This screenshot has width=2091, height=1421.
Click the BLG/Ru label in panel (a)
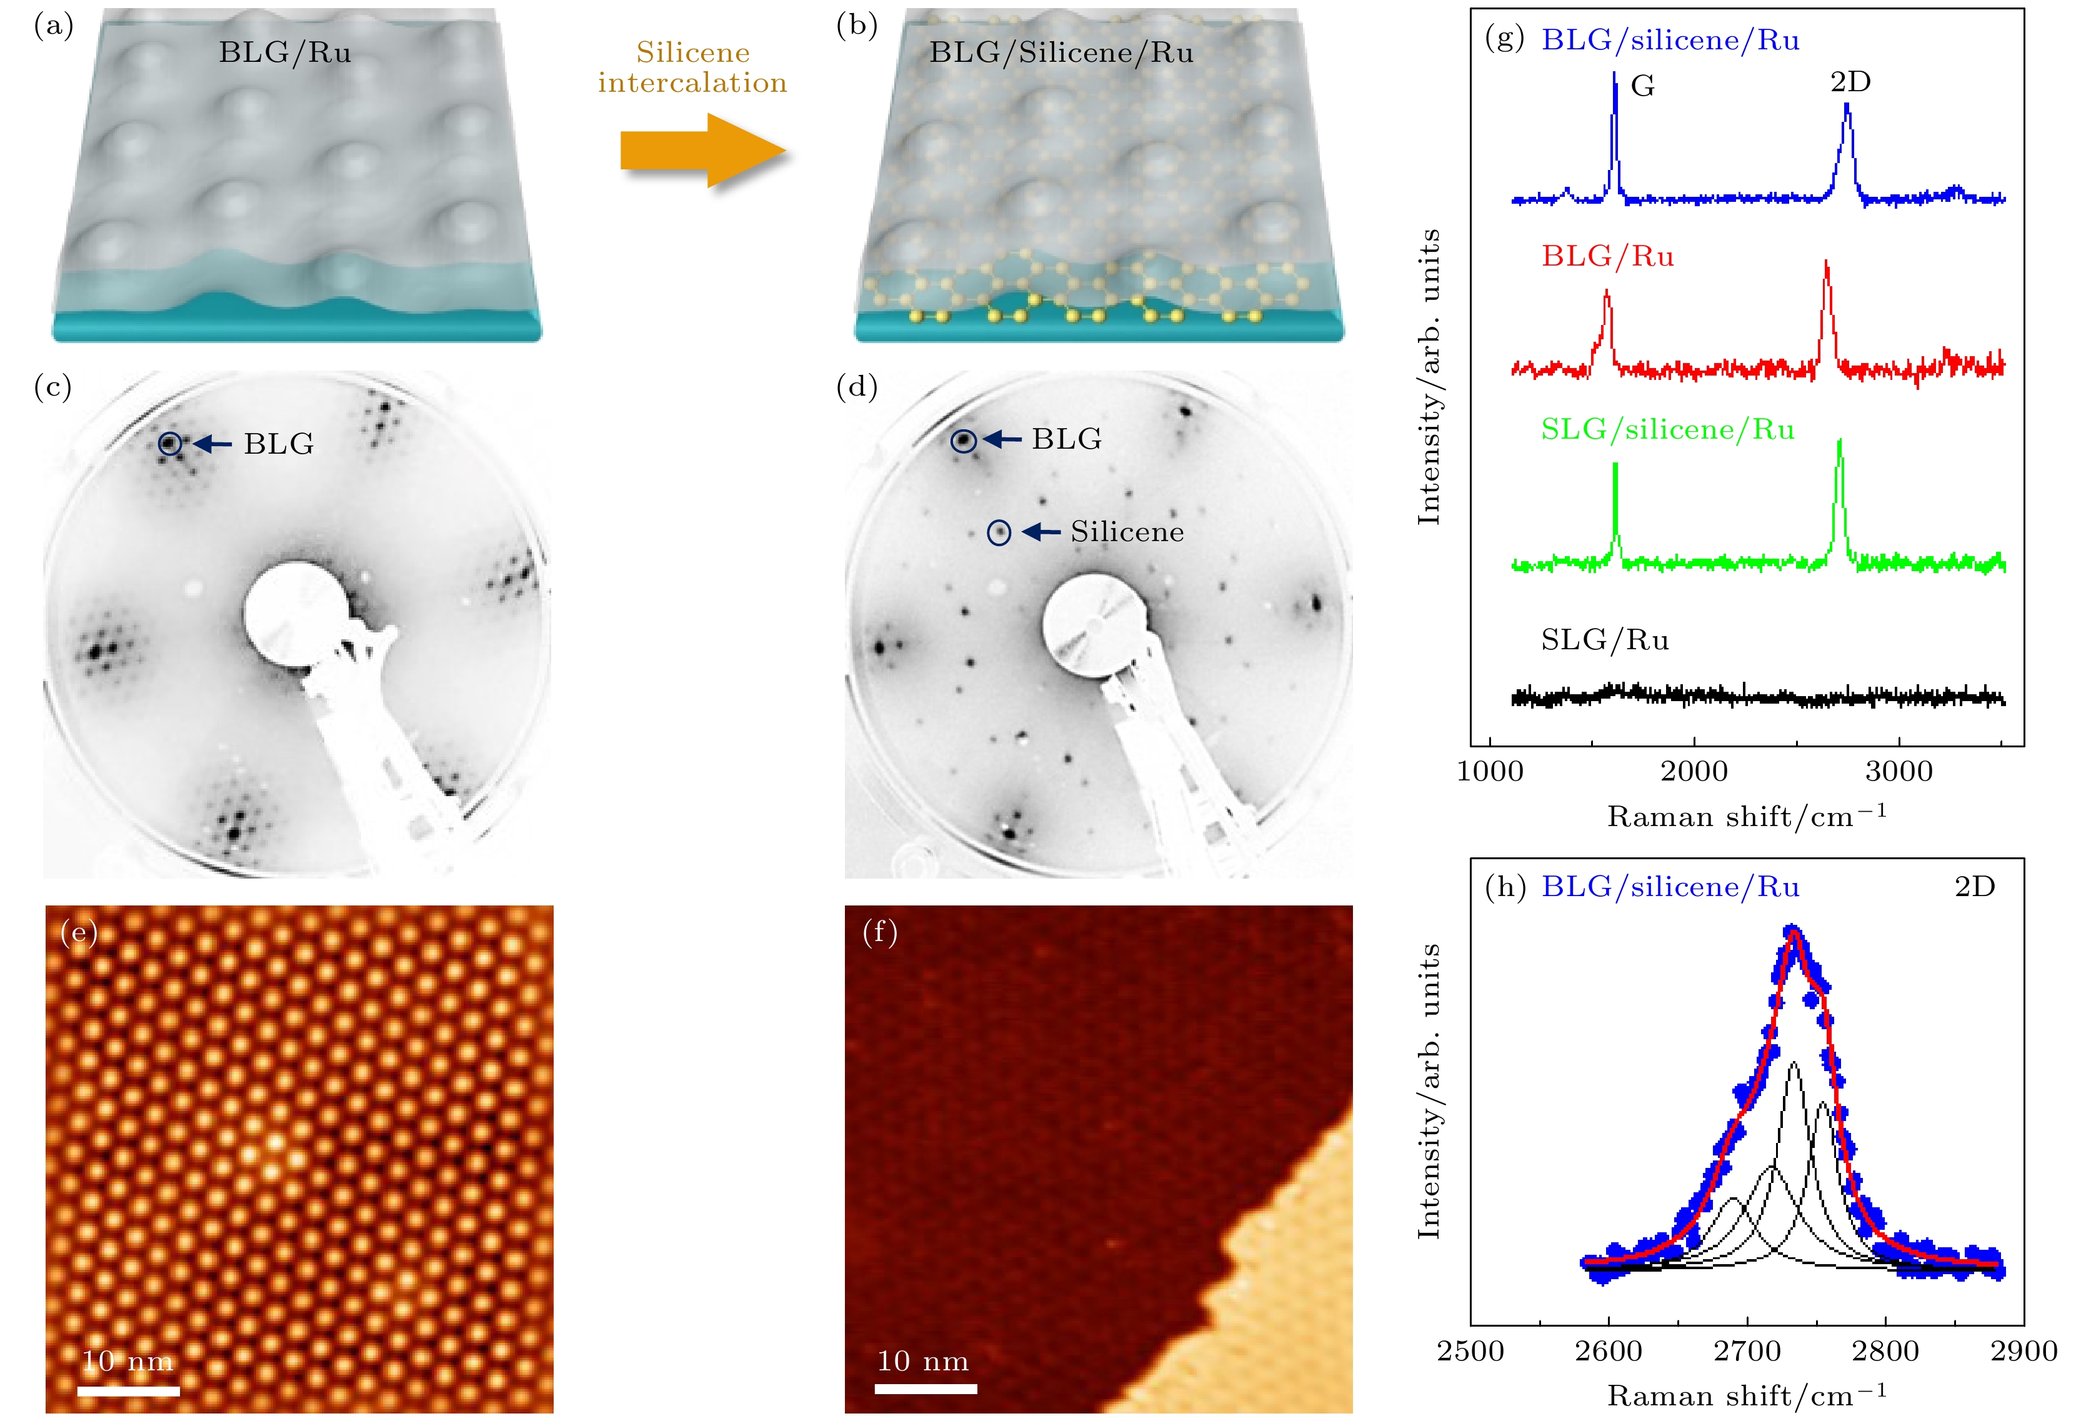[284, 52]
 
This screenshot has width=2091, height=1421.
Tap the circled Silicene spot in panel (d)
[999, 533]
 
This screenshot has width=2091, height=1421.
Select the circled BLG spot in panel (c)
[170, 443]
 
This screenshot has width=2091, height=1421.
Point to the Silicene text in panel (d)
[1127, 532]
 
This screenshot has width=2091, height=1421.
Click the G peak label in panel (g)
[1642, 86]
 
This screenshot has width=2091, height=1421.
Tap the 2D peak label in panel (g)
[1850, 82]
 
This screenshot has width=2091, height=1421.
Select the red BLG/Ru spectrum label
[1607, 256]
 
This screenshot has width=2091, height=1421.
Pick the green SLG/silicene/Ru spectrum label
[1667, 429]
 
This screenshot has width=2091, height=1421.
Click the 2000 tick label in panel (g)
[1694, 771]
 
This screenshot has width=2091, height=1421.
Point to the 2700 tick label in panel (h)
[1747, 1351]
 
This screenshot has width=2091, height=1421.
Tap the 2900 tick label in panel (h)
[2024, 1351]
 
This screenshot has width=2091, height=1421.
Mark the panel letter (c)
[52, 386]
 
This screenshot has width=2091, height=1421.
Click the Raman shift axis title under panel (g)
[1747, 816]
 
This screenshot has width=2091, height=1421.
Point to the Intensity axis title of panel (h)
[1429, 1090]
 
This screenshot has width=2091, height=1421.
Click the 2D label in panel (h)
[1974, 887]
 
